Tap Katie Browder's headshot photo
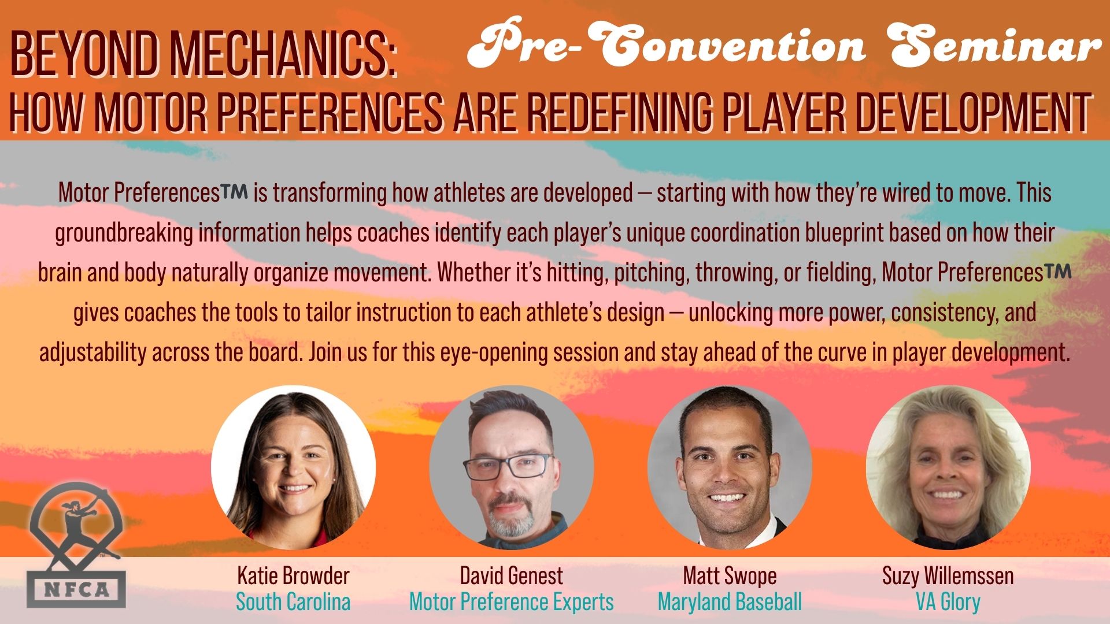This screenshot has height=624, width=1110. (293, 467)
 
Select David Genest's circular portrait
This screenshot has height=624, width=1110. (511, 467)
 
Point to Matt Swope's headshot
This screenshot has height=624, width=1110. (730, 467)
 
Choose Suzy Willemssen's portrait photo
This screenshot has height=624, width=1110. (948, 467)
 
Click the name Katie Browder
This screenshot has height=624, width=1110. (293, 575)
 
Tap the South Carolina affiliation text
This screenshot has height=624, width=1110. (293, 602)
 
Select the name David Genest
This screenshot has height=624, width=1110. (511, 575)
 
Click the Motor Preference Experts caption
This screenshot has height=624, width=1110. (511, 602)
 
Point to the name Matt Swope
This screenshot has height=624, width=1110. (730, 576)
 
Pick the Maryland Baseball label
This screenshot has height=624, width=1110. (730, 602)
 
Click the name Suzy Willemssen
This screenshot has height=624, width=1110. (948, 576)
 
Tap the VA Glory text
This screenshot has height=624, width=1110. (948, 602)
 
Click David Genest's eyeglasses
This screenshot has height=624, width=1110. (509, 466)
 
